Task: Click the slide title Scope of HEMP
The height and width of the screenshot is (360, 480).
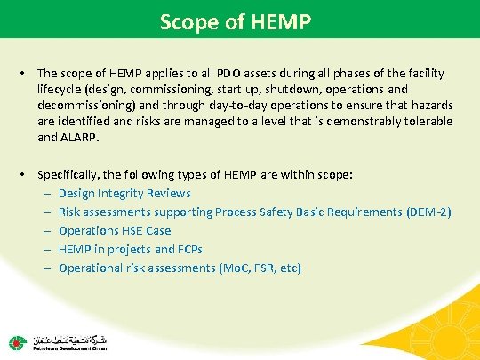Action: coord(239,20)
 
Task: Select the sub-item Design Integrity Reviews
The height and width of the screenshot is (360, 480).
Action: coord(124,193)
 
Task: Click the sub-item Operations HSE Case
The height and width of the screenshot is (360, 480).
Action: coord(116,230)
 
